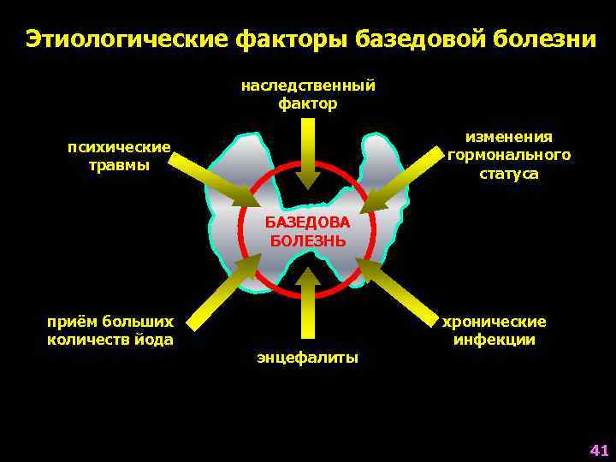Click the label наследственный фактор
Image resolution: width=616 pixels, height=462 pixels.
308,94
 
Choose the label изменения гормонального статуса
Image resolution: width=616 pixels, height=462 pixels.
509,155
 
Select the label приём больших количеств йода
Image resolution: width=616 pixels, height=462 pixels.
110,331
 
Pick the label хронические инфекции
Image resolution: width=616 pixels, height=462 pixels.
495,330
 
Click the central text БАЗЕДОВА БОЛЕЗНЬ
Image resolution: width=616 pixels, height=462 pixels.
308,231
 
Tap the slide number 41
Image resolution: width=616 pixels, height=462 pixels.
598,449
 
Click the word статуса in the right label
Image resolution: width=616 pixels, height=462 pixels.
509,174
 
